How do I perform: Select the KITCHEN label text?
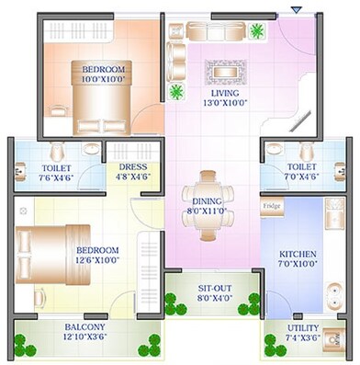click(298, 254)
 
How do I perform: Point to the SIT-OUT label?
click(215, 289)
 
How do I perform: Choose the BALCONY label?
click(84, 327)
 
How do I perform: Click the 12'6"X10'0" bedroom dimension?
click(97, 260)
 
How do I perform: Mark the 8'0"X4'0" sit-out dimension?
click(215, 299)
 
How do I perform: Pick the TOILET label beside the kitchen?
click(293, 167)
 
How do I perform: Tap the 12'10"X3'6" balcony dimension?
click(84, 337)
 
